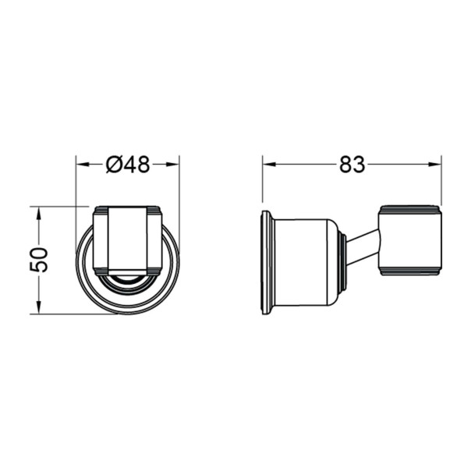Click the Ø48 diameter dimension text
pyautogui.click(x=128, y=165)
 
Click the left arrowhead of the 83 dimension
pyautogui.click(x=268, y=165)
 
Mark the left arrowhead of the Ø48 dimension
pyautogui.click(x=80, y=165)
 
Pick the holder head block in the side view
pyautogui.click(x=410, y=240)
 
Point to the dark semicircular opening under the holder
pyautogui.click(x=128, y=277)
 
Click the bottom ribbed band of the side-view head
pyautogui.click(x=410, y=271)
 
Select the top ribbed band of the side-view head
pyautogui.click(x=410, y=210)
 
